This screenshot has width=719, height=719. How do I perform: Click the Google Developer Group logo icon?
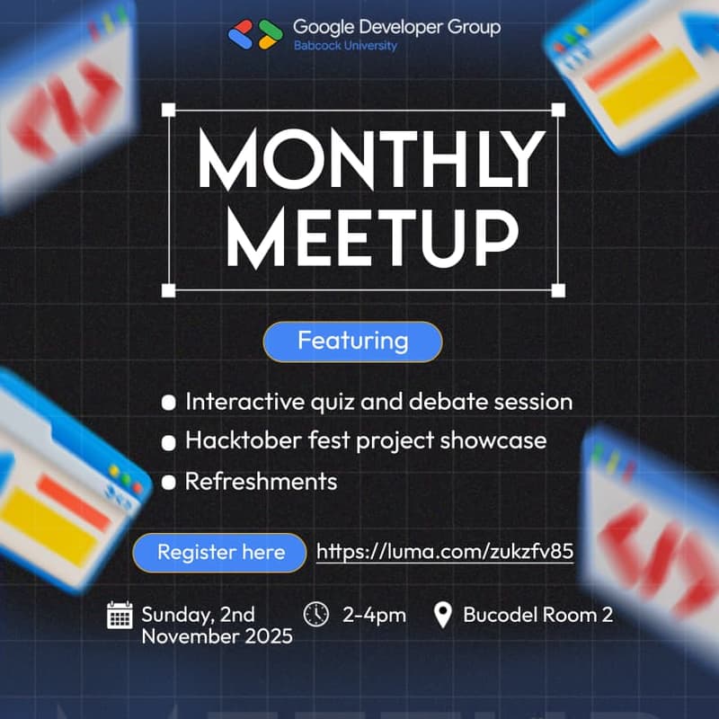(x=255, y=33)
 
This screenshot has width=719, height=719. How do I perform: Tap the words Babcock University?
(x=345, y=46)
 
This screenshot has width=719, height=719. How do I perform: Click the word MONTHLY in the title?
(x=370, y=160)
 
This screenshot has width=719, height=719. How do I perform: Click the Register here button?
(x=221, y=552)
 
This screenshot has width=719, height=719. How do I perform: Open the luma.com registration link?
(x=445, y=551)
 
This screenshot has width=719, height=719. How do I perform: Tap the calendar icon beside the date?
(x=120, y=616)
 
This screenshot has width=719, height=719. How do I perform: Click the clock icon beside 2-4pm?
(x=317, y=614)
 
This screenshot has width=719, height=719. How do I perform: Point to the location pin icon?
(x=442, y=616)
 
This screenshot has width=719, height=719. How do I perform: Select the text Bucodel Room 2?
(x=537, y=615)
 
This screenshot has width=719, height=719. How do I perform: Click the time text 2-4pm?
(x=374, y=615)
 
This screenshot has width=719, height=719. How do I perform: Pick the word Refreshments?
(x=261, y=481)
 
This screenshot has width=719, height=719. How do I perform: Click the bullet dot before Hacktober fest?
(x=168, y=442)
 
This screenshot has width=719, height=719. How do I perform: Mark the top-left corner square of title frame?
(x=168, y=110)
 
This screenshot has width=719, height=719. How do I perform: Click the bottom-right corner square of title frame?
(x=558, y=289)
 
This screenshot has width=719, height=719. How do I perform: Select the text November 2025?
(x=217, y=637)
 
